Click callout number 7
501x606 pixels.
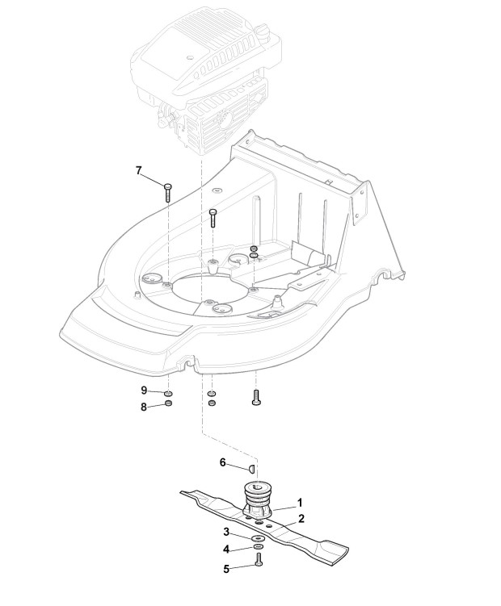(138, 170)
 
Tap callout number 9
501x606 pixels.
(144, 390)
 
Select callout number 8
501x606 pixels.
(144, 407)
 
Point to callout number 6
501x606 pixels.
(224, 462)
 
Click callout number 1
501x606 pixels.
(300, 501)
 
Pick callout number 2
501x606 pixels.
(300, 518)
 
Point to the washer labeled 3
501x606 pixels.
(256, 539)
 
